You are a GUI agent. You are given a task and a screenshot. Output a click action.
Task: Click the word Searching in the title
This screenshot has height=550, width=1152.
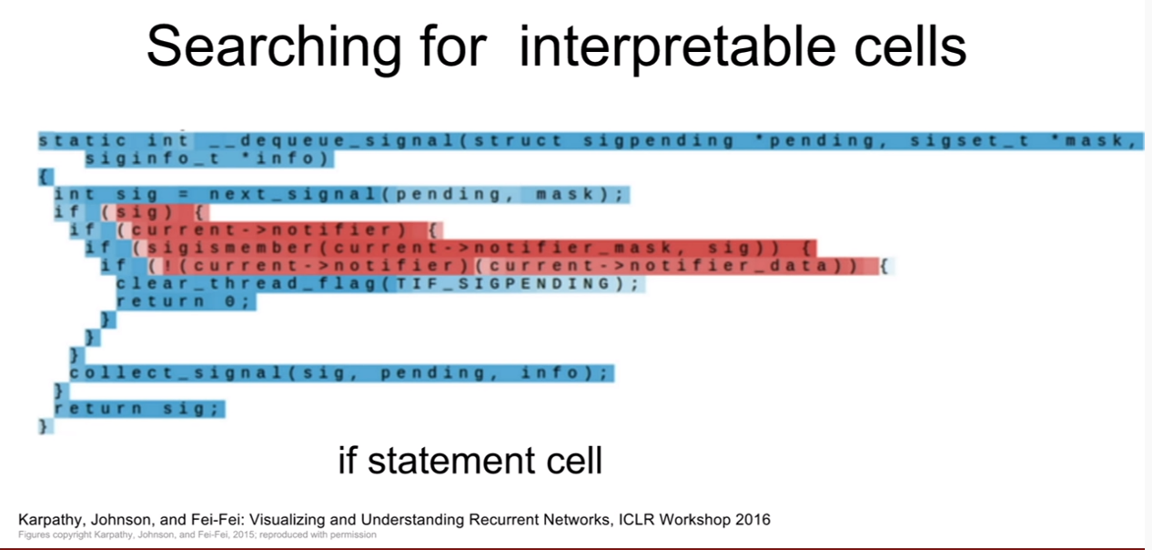click(274, 48)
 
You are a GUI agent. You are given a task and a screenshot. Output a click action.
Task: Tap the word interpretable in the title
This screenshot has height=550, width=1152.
click(678, 48)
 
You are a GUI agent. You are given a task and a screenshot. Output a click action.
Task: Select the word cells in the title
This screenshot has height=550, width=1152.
click(911, 46)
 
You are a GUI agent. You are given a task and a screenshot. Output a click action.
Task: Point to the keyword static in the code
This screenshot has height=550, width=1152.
click(83, 140)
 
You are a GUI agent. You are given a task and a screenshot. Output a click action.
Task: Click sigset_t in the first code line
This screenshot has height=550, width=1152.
click(969, 141)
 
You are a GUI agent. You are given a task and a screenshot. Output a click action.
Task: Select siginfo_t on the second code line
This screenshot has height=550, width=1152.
click(153, 158)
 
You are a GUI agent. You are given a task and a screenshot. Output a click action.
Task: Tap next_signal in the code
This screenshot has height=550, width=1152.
click(293, 195)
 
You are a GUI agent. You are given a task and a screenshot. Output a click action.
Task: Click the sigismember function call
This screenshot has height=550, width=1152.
click(231, 248)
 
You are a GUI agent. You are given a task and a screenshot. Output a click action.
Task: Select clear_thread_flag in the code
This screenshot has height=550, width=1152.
click(247, 284)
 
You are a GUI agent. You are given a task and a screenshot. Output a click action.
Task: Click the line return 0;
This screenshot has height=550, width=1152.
click(184, 301)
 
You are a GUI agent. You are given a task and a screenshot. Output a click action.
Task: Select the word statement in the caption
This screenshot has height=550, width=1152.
click(452, 461)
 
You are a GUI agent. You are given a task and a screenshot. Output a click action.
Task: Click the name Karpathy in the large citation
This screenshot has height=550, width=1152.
click(50, 520)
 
